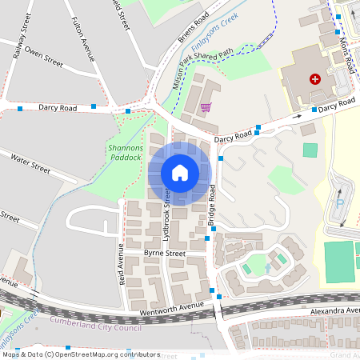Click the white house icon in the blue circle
(x=180, y=173)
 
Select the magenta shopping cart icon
(x=206, y=106)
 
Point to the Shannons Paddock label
(x=124, y=152)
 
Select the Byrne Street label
(x=164, y=253)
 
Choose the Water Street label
(x=31, y=164)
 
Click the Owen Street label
(x=43, y=58)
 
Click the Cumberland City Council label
(x=96, y=322)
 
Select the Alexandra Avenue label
(x=332, y=310)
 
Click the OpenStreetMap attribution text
(x=80, y=354)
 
